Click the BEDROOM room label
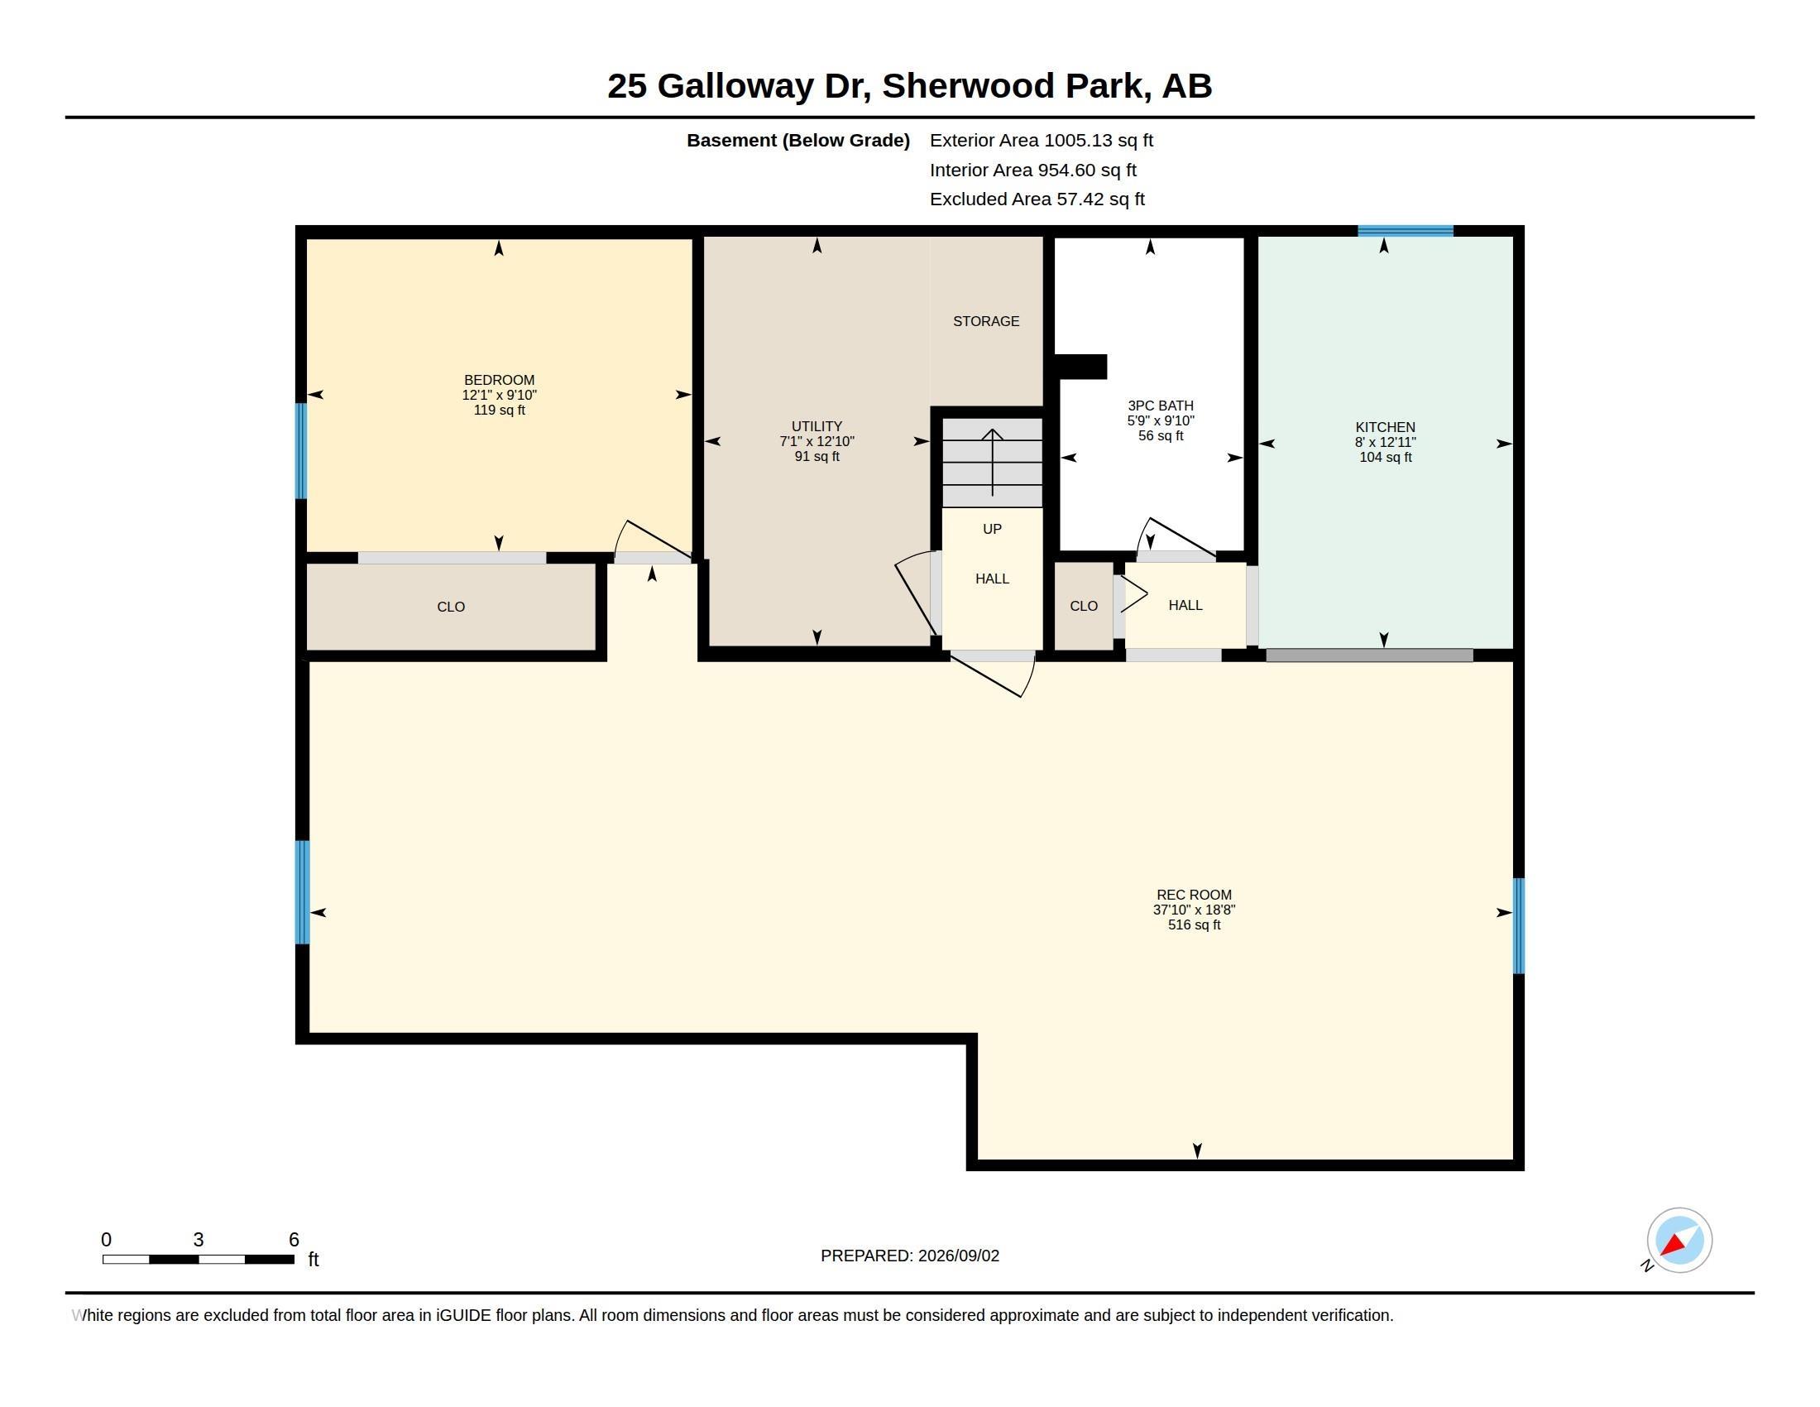click(x=499, y=380)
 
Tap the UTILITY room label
click(x=817, y=426)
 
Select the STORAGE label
click(x=986, y=321)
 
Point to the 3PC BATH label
click(x=1160, y=406)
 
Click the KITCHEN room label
click(x=1385, y=428)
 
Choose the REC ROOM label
click(x=1193, y=896)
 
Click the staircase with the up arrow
click(x=992, y=462)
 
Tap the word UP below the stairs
click(x=992, y=530)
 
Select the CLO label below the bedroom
click(x=451, y=607)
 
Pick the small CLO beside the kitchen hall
click(x=1084, y=606)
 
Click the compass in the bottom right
click(x=1679, y=1241)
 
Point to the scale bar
click(x=199, y=1259)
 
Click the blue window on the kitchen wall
click(x=1405, y=231)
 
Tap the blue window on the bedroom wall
click(x=302, y=451)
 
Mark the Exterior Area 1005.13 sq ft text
click(x=1041, y=140)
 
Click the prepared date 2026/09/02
click(x=958, y=1256)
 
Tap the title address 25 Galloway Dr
click(x=739, y=86)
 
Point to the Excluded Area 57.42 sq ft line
click(x=1037, y=199)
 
